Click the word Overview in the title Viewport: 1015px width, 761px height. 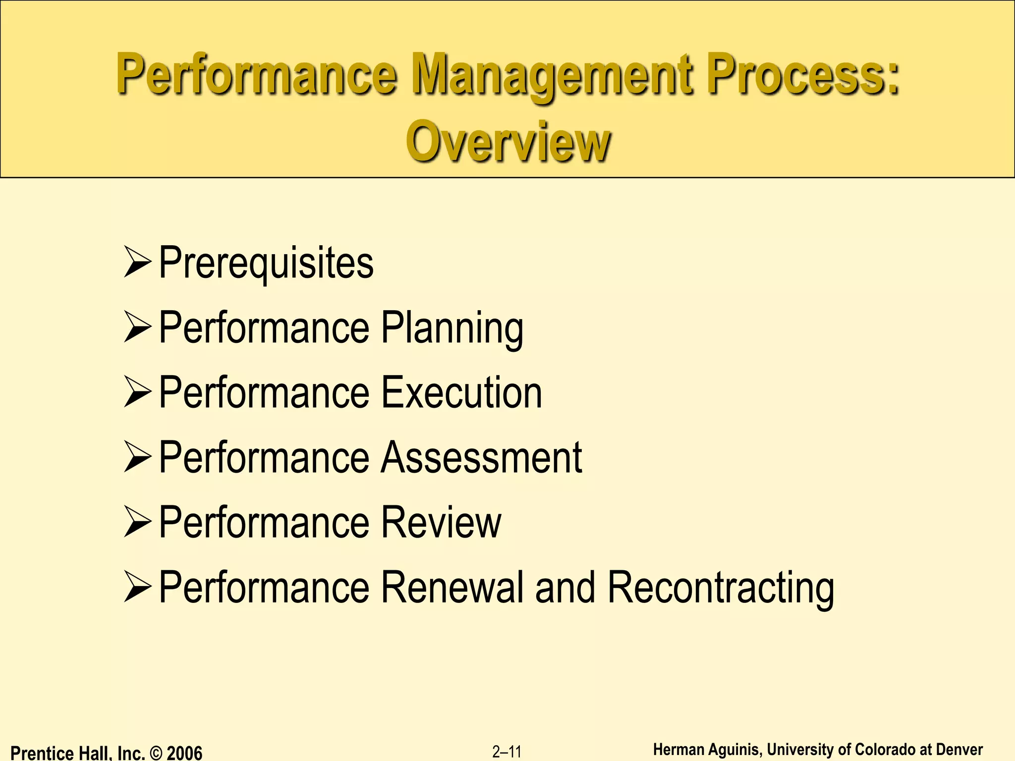[x=508, y=142]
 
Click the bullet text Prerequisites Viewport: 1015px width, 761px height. [x=266, y=263]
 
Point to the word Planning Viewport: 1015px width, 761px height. [x=452, y=328]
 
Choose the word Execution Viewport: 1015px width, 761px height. [x=461, y=392]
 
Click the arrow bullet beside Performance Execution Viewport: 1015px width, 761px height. [x=137, y=392]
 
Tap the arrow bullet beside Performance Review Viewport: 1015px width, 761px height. [x=137, y=522]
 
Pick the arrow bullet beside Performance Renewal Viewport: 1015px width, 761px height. [x=137, y=587]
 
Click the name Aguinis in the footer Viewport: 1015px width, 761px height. [x=733, y=750]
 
